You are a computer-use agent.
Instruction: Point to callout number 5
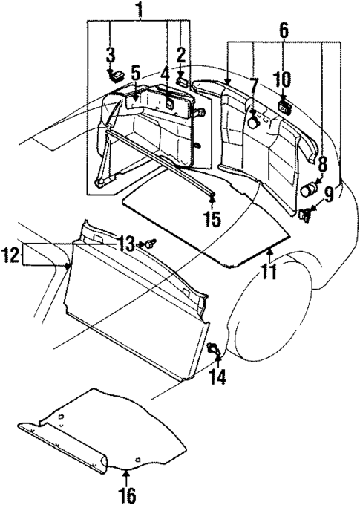click(134, 74)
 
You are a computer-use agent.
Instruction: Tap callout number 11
click(268, 270)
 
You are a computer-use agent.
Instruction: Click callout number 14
click(218, 376)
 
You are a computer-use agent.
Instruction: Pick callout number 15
click(212, 220)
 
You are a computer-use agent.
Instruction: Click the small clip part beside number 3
click(116, 74)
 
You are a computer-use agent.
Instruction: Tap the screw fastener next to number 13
click(151, 243)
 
